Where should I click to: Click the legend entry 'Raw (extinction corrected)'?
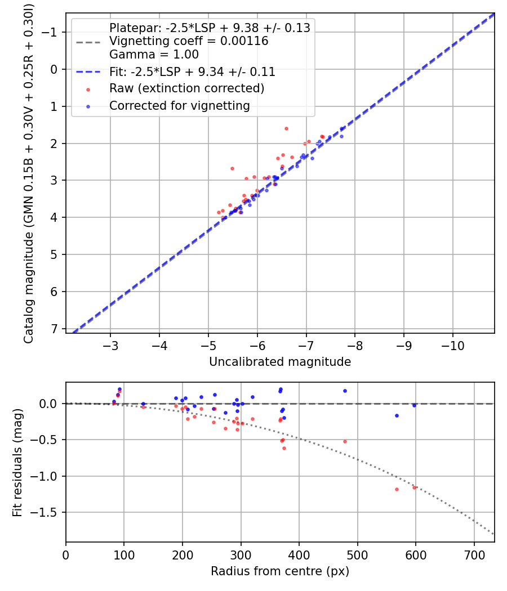point(186,88)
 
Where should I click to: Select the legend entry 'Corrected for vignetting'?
point(179,105)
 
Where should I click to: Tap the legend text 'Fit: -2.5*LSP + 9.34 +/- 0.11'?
point(192,72)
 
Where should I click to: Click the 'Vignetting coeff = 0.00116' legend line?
point(189,41)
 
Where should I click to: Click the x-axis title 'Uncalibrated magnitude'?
point(280,362)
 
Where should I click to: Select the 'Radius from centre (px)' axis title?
point(280,571)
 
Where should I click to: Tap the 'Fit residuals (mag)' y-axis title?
point(17,462)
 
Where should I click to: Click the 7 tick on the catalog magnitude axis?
point(55,329)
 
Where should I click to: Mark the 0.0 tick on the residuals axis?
point(51,404)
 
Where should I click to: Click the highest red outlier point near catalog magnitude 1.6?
point(286,128)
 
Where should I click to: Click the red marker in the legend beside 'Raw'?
point(88,89)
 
